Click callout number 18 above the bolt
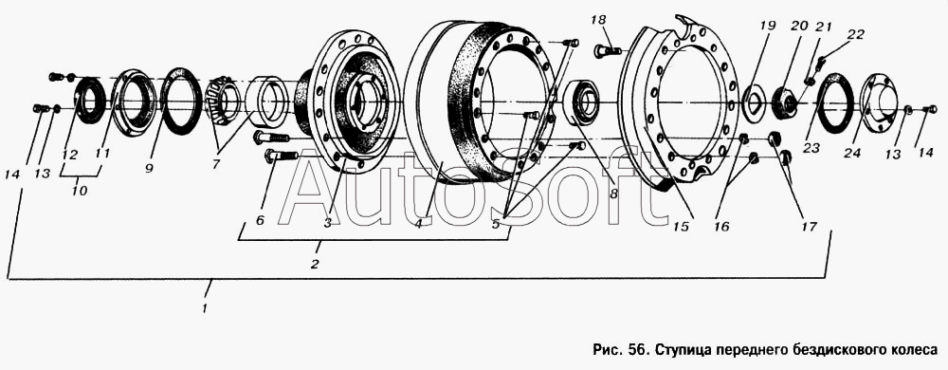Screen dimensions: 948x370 [598, 21]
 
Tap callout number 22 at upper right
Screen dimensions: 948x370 [855, 34]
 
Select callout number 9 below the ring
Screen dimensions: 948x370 [149, 169]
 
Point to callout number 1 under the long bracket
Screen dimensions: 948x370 [205, 307]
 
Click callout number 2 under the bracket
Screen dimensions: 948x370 [315, 264]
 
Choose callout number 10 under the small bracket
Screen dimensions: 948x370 [80, 191]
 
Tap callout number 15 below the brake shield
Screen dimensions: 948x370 [682, 227]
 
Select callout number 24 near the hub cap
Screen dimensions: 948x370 [852, 154]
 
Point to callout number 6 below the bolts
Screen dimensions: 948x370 [260, 221]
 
